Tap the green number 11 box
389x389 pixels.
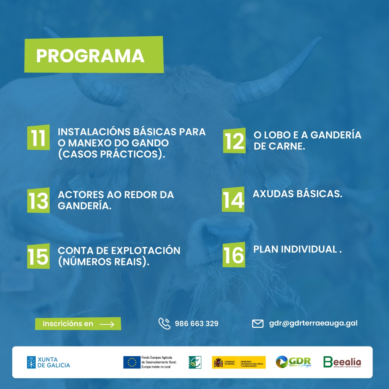pyautogui.click(x=38, y=138)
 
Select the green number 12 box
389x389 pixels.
pyautogui.click(x=234, y=141)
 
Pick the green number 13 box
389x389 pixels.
pyautogui.click(x=38, y=200)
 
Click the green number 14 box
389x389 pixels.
pyautogui.click(x=233, y=200)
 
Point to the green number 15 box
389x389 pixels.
pyautogui.click(x=38, y=256)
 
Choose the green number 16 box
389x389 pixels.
pyautogui.click(x=234, y=255)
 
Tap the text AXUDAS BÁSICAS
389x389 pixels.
pyautogui.click(x=297, y=194)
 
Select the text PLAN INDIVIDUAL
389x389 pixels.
pyautogui.click(x=297, y=249)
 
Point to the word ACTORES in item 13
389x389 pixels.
pyautogui.click(x=81, y=195)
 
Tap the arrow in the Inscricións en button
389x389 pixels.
pyautogui.click(x=107, y=324)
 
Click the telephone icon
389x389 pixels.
pyautogui.click(x=164, y=323)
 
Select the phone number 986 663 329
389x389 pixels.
pyautogui.click(x=197, y=323)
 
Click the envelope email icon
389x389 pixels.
pyautogui.click(x=258, y=323)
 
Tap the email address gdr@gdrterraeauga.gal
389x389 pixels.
pyautogui.click(x=313, y=323)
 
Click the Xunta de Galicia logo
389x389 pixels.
pyautogui.click(x=49, y=362)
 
